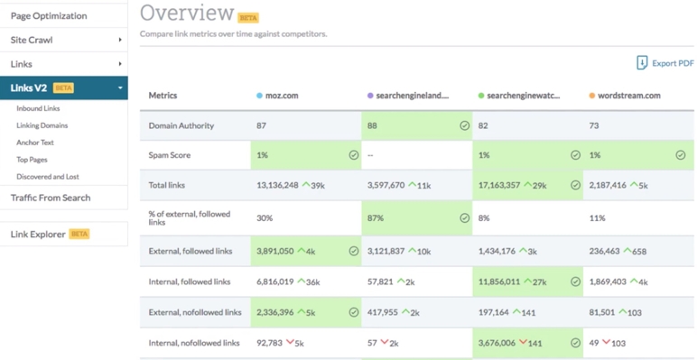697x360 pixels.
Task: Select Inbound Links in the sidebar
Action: (x=38, y=109)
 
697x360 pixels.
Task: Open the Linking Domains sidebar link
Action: (x=42, y=126)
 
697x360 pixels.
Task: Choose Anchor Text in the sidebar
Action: (x=35, y=143)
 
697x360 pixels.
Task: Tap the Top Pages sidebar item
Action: (x=32, y=160)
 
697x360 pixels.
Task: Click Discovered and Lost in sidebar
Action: (x=47, y=177)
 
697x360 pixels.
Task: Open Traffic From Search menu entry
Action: (x=51, y=198)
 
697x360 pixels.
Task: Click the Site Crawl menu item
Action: (x=32, y=40)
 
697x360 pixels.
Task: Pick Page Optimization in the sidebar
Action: (x=49, y=15)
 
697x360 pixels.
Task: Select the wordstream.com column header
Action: (x=628, y=96)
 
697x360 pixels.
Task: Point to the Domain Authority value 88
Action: (x=373, y=125)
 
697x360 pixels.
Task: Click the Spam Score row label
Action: (x=170, y=155)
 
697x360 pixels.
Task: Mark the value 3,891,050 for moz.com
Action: (x=275, y=252)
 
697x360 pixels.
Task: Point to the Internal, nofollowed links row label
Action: (x=194, y=344)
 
